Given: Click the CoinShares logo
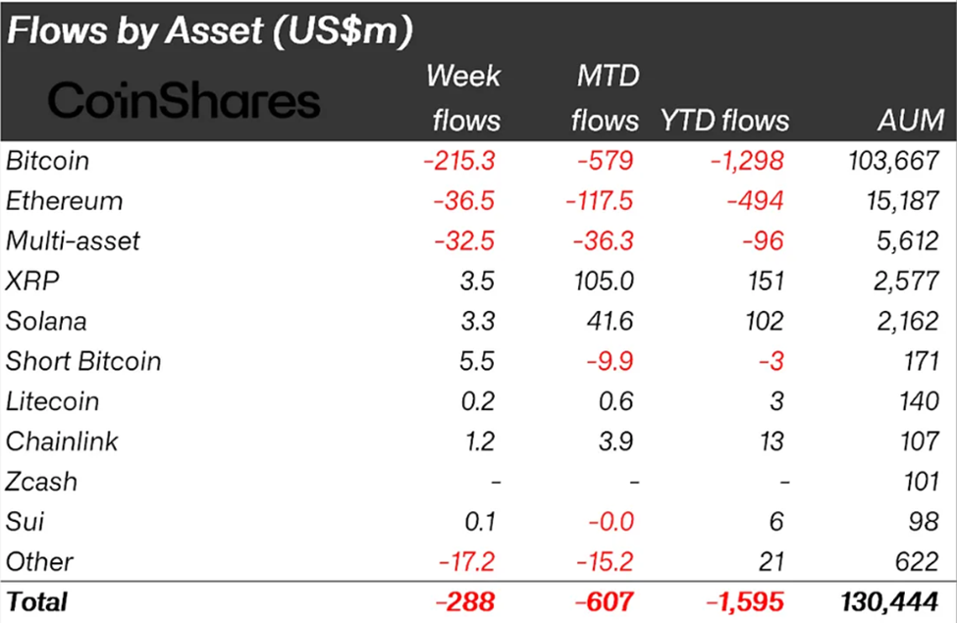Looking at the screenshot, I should coord(184,100).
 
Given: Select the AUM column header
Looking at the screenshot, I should coord(911,121).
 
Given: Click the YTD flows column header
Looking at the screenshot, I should coord(724,121).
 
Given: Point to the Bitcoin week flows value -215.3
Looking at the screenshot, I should coord(461,161).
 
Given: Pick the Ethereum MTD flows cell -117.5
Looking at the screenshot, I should coord(600,201).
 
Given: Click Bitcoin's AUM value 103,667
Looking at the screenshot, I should coord(893,161).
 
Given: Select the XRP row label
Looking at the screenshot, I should coord(32,281).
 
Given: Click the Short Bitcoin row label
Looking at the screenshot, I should coord(83,361).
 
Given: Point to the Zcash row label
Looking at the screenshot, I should coord(41,482).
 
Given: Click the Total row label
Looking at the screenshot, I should coord(36,600).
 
